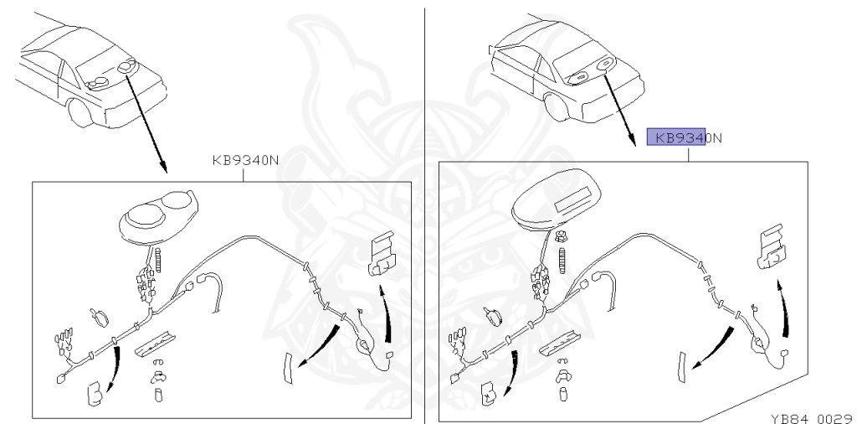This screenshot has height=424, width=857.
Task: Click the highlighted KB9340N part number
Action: [678, 138]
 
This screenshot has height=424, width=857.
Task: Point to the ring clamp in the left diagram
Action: [100, 317]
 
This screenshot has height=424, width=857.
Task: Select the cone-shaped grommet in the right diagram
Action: [491, 315]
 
